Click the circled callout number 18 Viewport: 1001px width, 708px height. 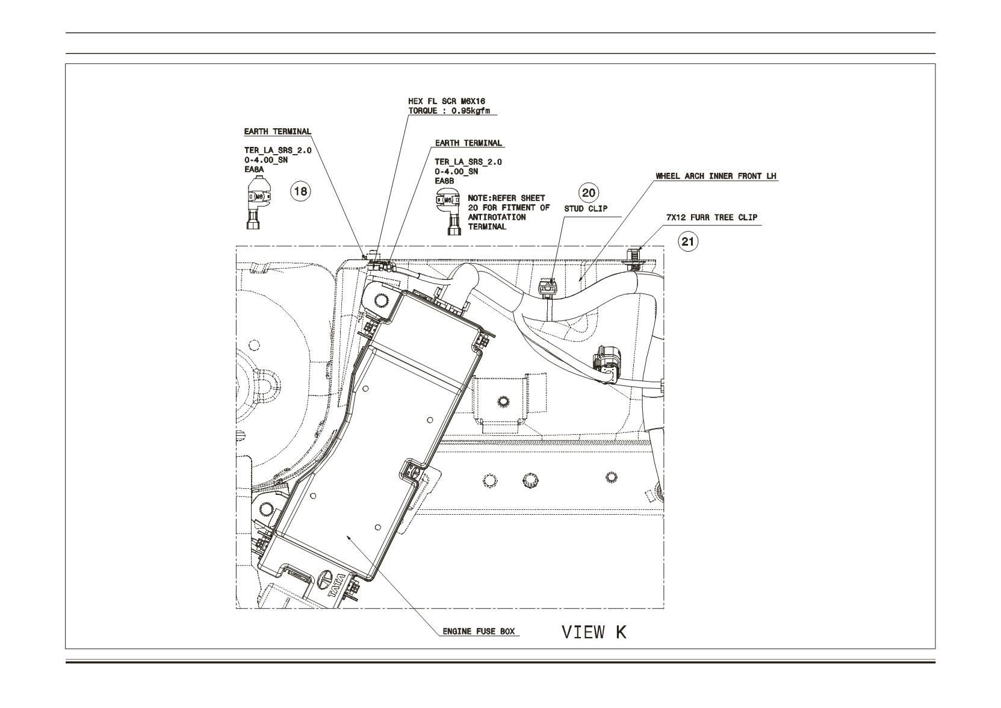[301, 191]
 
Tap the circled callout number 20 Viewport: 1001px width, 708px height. [589, 193]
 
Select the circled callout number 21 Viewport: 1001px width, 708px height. [688, 242]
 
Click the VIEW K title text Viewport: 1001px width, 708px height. [594, 632]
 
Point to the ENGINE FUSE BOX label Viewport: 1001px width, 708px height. [479, 632]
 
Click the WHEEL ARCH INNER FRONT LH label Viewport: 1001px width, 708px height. [716, 176]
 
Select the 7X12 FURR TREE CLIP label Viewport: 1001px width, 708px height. [712, 217]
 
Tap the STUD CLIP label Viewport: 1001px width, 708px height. [586, 209]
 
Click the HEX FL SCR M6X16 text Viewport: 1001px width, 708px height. [447, 102]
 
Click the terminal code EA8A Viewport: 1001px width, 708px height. [254, 169]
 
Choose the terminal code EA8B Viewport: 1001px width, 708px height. [444, 181]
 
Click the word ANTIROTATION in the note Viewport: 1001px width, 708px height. [497, 217]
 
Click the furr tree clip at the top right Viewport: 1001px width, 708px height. [634, 259]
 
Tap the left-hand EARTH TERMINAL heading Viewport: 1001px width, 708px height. [277, 131]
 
